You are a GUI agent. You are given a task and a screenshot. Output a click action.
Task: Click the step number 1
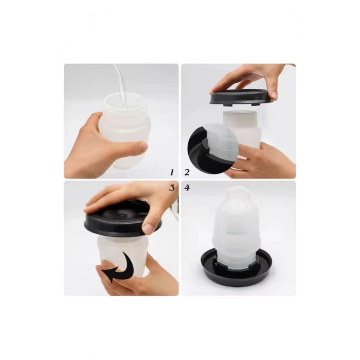click(x=172, y=172)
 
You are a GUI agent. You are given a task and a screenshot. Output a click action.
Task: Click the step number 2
click(x=187, y=172)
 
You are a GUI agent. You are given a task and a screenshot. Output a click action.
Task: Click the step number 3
click(x=172, y=188)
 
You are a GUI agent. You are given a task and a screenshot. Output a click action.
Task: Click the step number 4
click(x=187, y=188)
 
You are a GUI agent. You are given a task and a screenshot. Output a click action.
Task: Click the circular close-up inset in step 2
click(x=211, y=149)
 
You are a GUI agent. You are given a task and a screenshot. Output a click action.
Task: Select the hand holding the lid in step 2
click(x=252, y=77)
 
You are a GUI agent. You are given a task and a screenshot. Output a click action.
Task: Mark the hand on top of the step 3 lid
click(x=129, y=198)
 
